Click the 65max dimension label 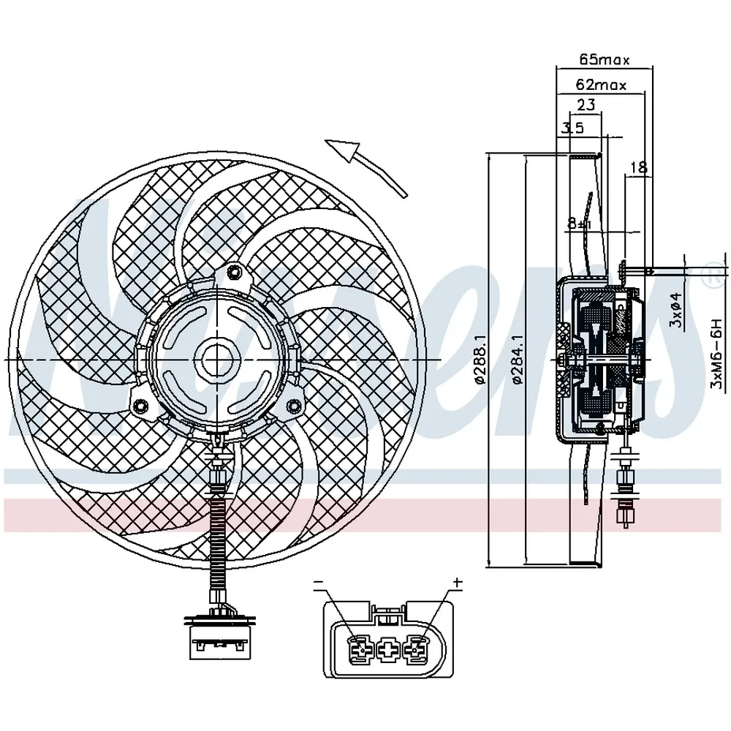point(605,60)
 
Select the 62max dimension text point(602,85)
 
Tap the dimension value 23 point(586,105)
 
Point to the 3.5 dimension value point(573,127)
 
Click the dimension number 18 point(639,167)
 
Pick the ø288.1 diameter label point(481,359)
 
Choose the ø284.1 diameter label point(518,359)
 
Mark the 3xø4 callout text point(676,310)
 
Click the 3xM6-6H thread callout point(716,353)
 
